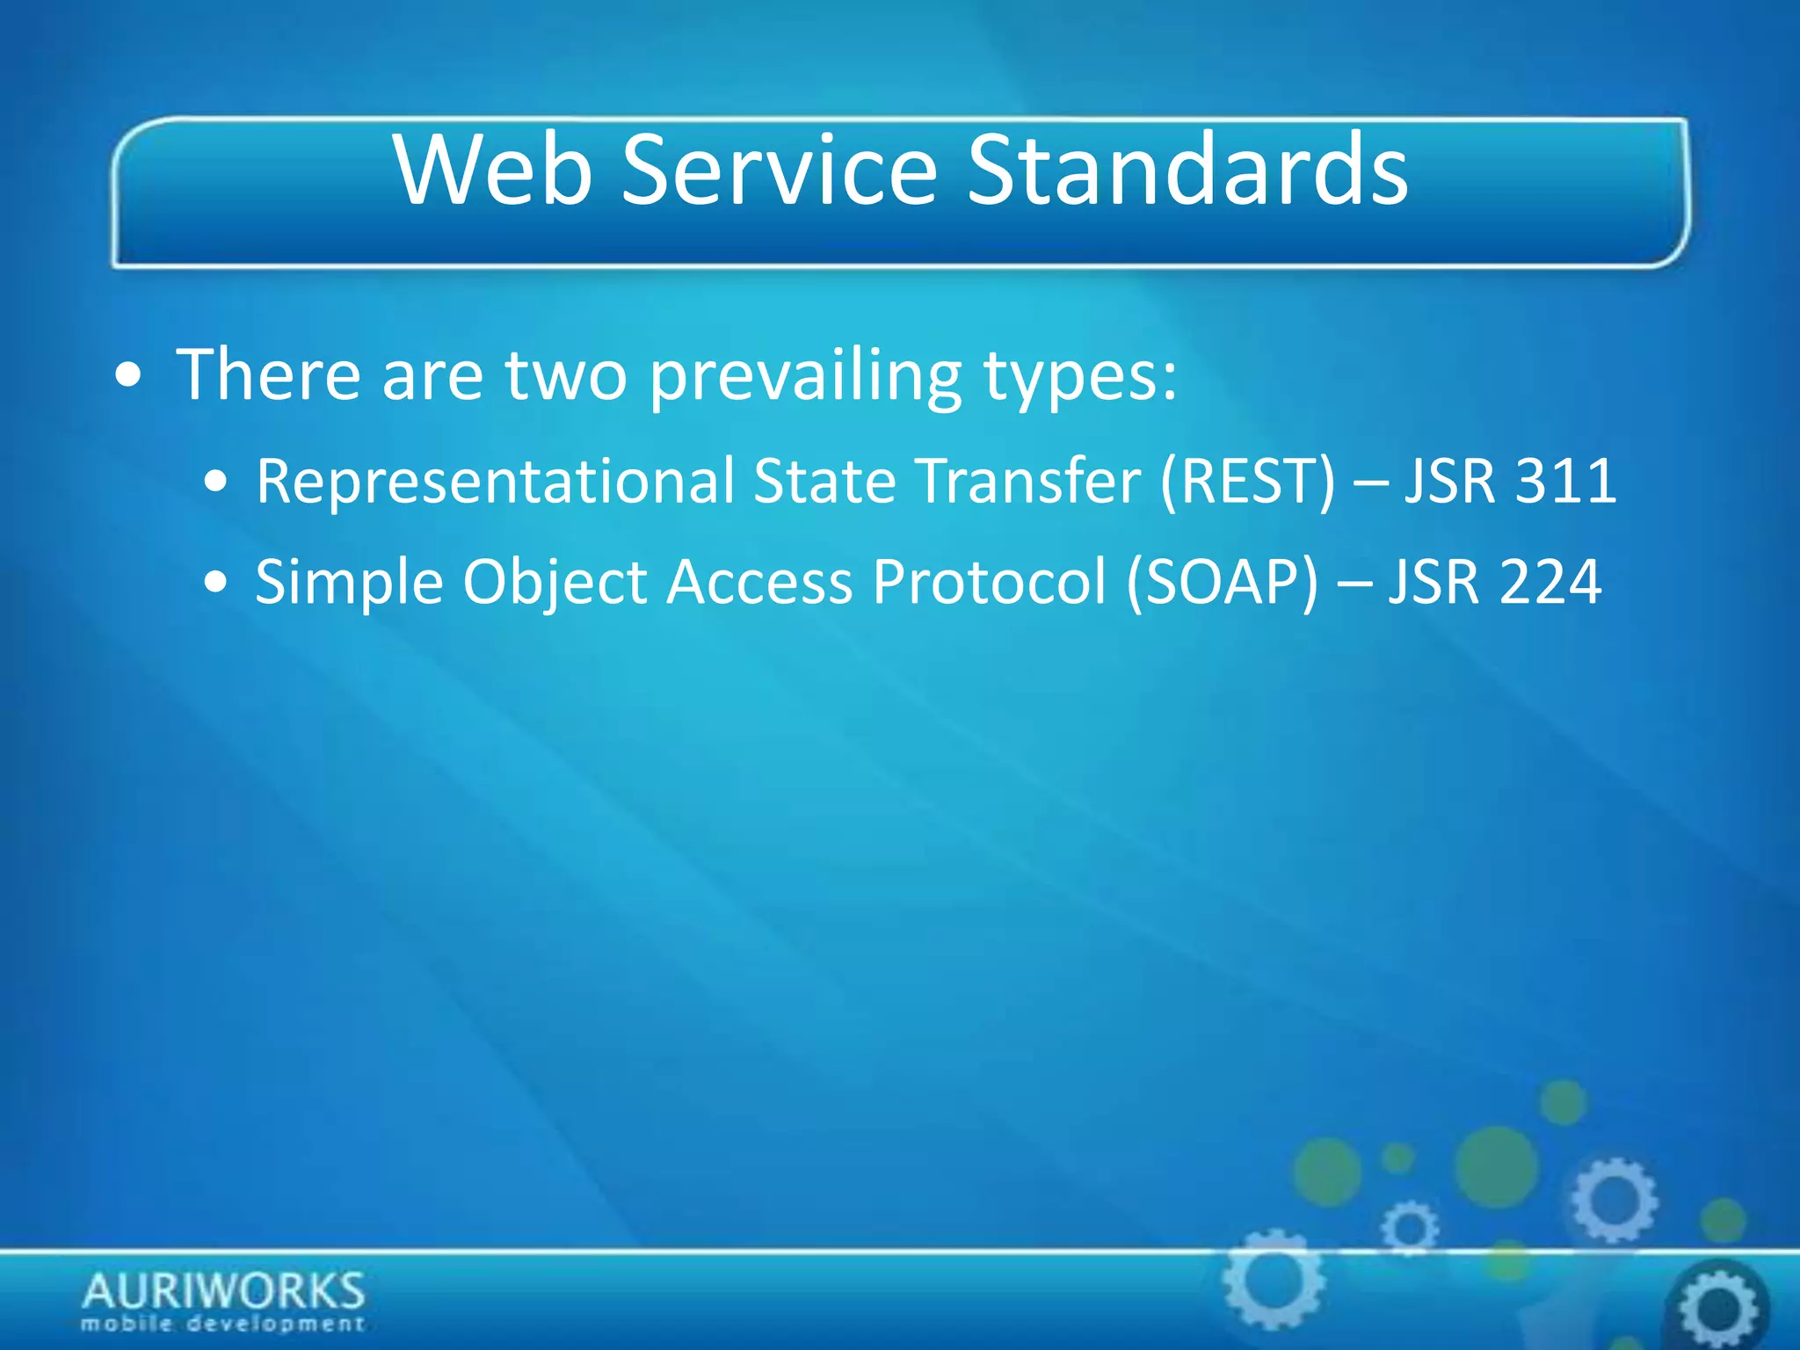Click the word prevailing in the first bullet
[x=805, y=376]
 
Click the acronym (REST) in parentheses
[x=1248, y=482]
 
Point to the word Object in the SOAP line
[x=555, y=582]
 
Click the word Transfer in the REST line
[x=1028, y=482]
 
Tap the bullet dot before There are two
[x=129, y=377]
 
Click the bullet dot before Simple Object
[x=215, y=582]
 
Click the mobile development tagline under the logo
[x=223, y=1324]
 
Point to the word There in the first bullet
[x=268, y=376]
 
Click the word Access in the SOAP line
[x=759, y=582]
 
